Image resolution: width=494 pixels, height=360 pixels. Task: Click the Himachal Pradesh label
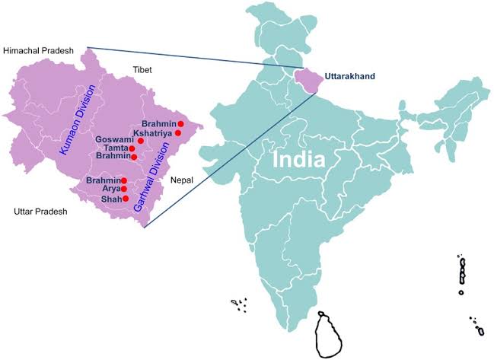click(39, 50)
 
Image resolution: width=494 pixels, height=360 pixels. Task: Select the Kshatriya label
click(153, 133)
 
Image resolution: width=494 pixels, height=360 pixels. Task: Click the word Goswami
click(115, 141)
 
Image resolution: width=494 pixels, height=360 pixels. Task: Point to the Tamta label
click(116, 148)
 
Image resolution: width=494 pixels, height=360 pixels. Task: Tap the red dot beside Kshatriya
click(177, 133)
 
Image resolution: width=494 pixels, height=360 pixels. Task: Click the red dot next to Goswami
click(141, 141)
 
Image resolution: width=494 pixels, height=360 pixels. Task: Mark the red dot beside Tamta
click(132, 148)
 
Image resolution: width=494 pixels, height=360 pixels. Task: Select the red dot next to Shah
click(123, 199)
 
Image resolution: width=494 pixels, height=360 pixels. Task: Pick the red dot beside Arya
click(123, 189)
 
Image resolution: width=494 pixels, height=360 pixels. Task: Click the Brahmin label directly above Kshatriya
click(159, 123)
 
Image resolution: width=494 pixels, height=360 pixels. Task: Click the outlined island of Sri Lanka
click(330, 335)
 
